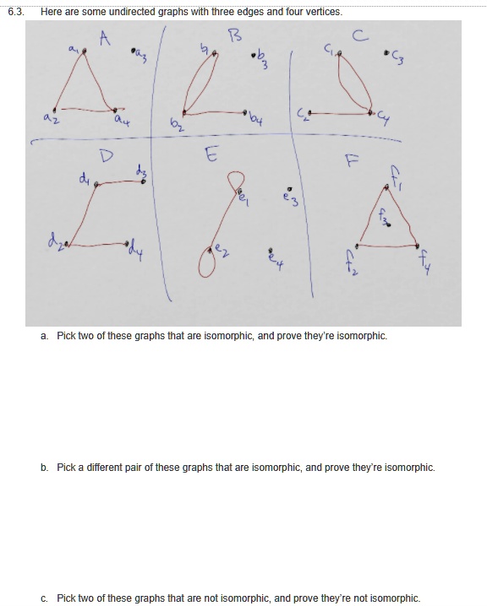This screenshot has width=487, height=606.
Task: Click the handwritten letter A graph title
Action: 105,38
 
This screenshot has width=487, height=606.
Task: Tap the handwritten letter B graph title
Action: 235,35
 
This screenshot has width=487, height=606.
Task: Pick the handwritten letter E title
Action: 211,154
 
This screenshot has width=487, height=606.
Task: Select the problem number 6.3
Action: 15,12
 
